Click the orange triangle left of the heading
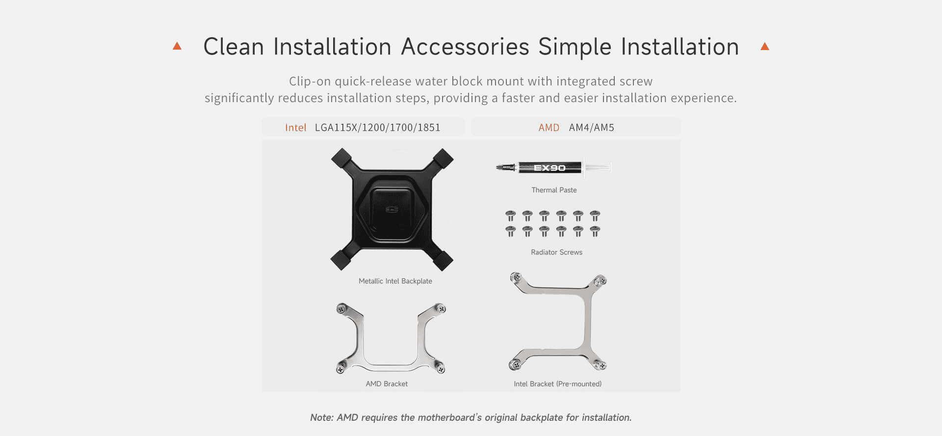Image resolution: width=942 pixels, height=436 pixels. pos(177,46)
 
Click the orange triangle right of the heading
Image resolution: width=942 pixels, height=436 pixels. pos(764,46)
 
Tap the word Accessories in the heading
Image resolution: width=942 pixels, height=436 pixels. pos(465,47)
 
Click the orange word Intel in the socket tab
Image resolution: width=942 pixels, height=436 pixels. pos(295,128)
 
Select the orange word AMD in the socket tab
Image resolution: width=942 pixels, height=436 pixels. pos(549,128)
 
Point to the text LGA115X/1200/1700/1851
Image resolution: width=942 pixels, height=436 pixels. pos(377,128)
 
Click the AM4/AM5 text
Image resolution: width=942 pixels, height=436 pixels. pos(592,128)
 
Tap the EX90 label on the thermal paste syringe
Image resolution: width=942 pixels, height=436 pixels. pos(549,168)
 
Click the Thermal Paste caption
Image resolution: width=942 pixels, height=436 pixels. pos(554,190)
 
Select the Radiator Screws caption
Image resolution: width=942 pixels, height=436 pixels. pos(556,252)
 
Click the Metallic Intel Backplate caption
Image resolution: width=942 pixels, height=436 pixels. pos(395,281)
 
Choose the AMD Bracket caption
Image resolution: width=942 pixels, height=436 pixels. pos(387,384)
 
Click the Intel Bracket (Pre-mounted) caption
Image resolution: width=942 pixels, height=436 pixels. pos(557,384)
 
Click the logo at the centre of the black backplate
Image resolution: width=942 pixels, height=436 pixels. pos(392,210)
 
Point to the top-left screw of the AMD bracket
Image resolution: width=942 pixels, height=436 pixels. pos(342,309)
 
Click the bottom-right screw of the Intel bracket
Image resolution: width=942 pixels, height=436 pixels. pos(600,364)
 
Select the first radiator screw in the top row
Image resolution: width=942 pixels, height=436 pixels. pos(511,216)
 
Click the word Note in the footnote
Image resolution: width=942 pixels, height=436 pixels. pos(321,417)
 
